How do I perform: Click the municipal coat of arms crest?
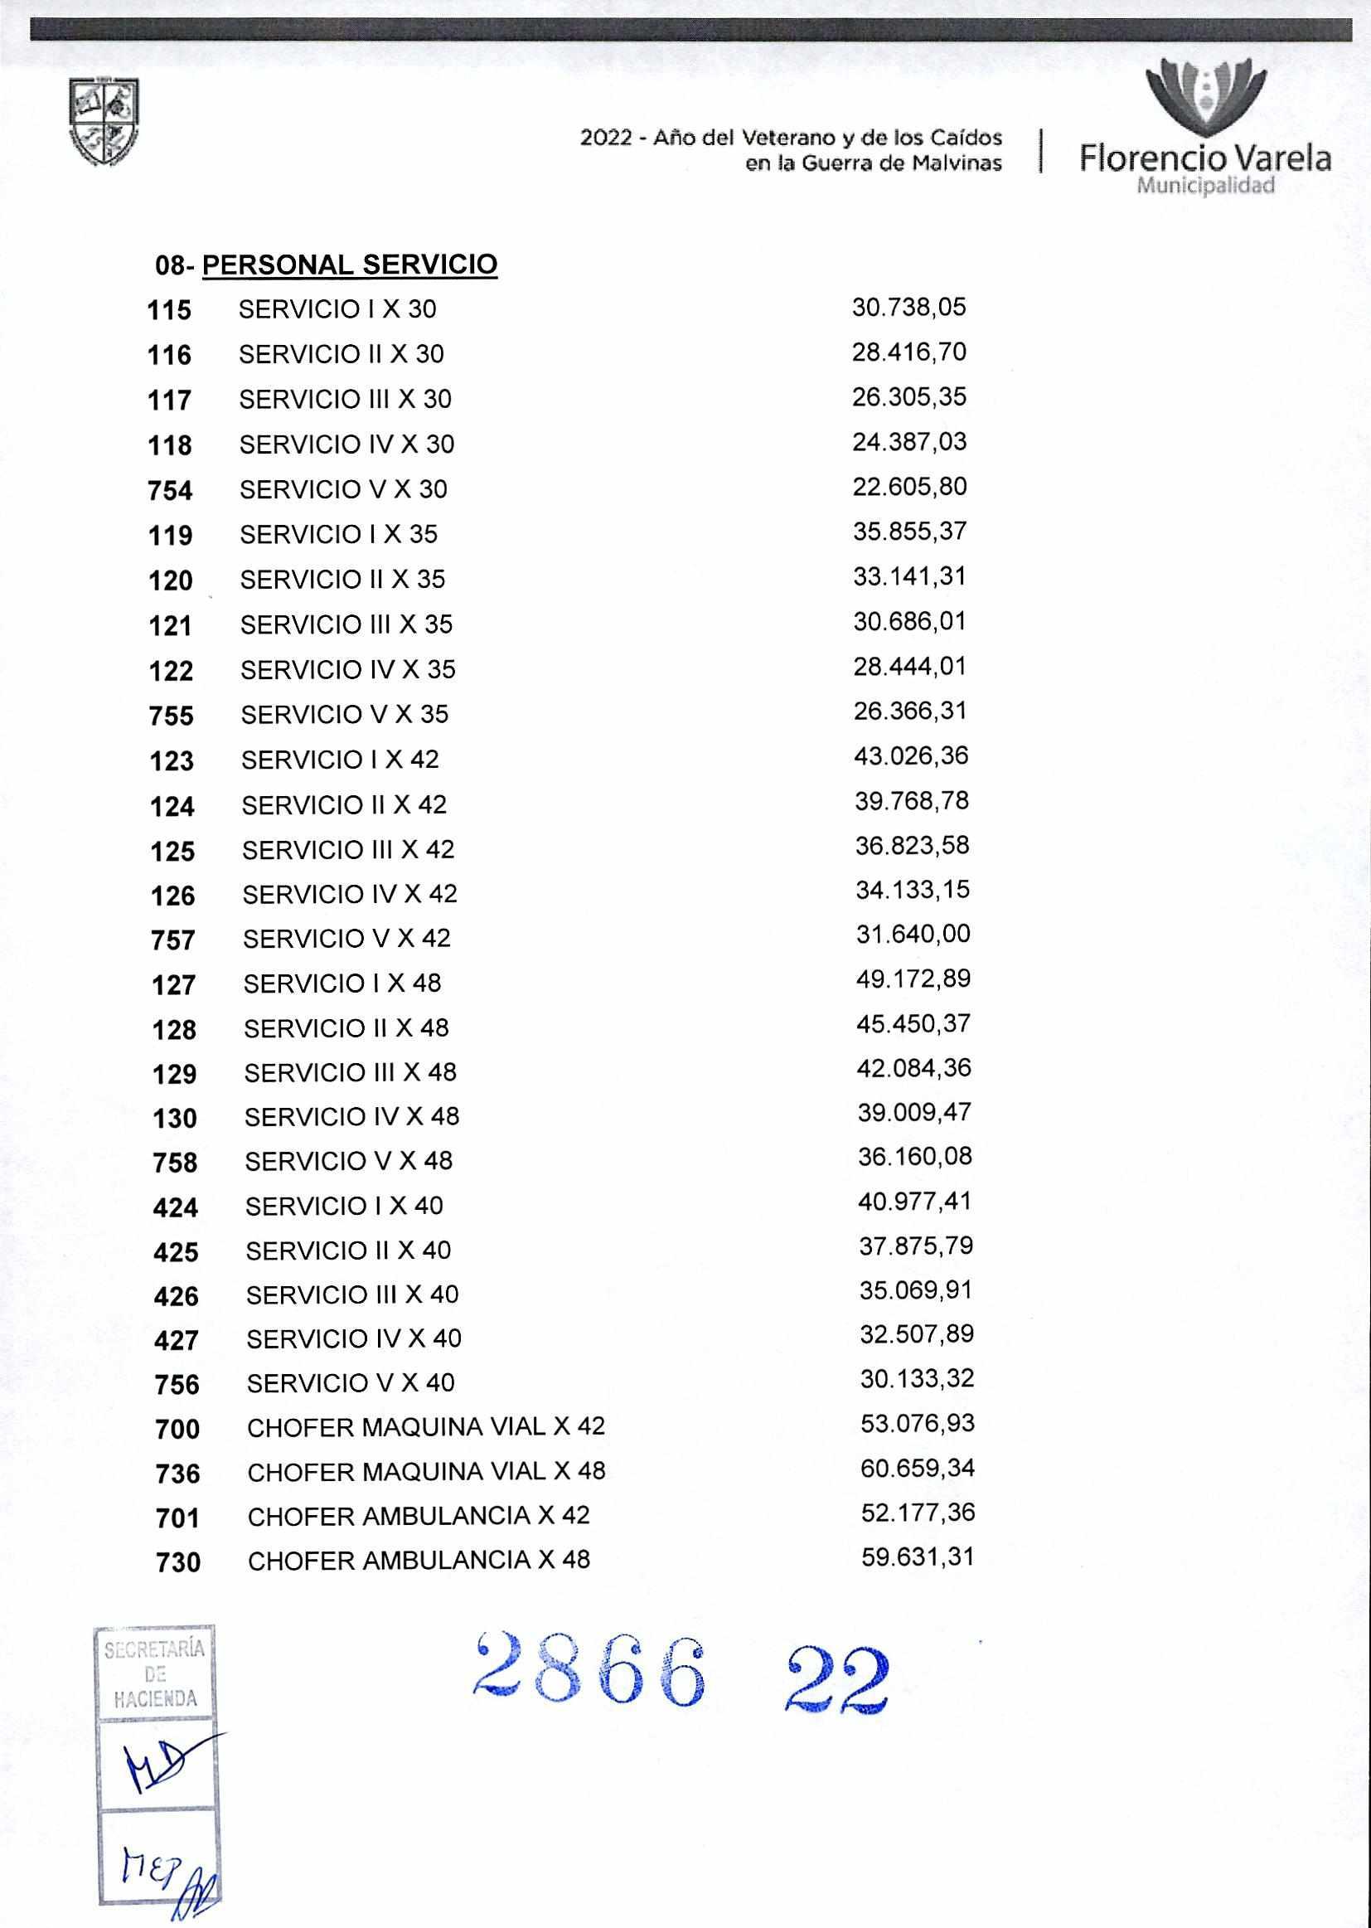point(104,123)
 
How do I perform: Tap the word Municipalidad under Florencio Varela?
point(1204,187)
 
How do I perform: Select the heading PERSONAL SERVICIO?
point(350,265)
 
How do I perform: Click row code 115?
point(170,310)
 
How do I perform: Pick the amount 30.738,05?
point(908,307)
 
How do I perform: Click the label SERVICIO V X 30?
point(344,490)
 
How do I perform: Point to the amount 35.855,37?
point(910,532)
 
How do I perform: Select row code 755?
point(172,716)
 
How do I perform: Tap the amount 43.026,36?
point(911,755)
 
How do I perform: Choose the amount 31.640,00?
point(913,934)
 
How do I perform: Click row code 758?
point(175,1163)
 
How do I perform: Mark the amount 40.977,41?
point(915,1201)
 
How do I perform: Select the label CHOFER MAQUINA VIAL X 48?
point(426,1471)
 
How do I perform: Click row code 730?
point(178,1562)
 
